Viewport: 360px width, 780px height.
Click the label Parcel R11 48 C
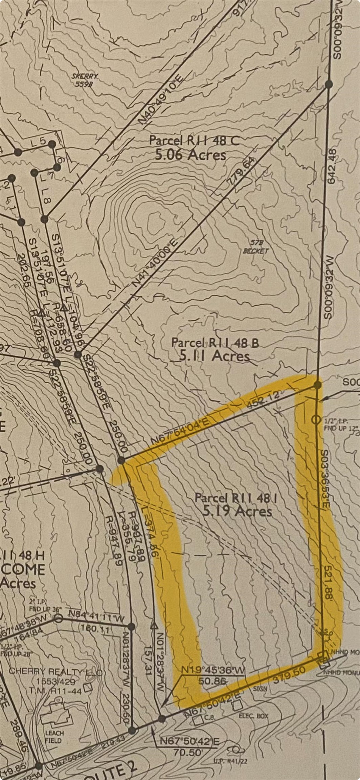point(194,140)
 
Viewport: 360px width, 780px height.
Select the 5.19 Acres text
point(238,511)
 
